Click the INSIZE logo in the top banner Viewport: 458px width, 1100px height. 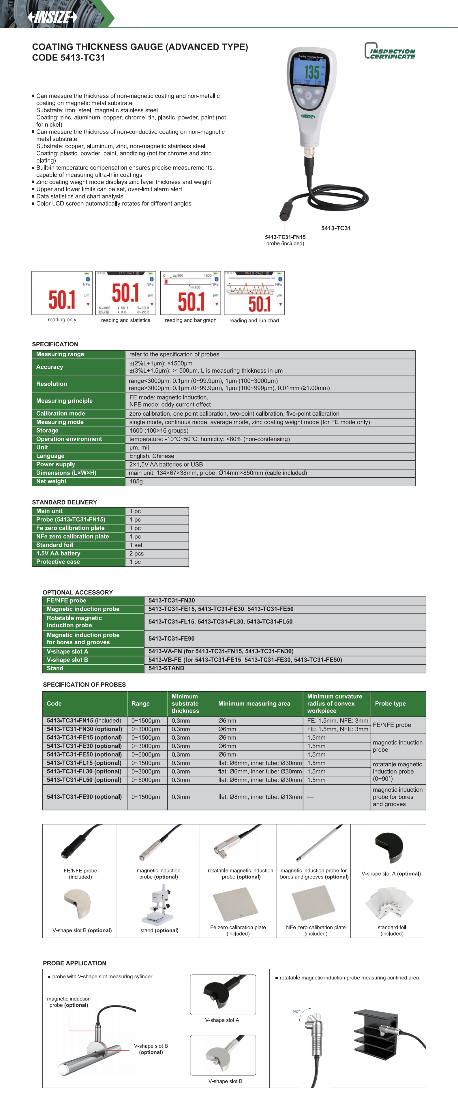pyautogui.click(x=52, y=17)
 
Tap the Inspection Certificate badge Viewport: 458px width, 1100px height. pyautogui.click(x=390, y=51)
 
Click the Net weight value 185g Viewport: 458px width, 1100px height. pyautogui.click(x=136, y=481)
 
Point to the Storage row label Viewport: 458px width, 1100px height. pyautogui.click(x=47, y=430)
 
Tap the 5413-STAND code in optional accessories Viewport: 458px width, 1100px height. pyautogui.click(x=166, y=668)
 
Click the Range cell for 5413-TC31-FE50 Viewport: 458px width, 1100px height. pyautogui.click(x=146, y=754)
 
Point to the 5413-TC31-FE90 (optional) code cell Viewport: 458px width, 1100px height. pyautogui.click(x=84, y=797)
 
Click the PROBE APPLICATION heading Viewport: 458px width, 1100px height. pyautogui.click(x=74, y=963)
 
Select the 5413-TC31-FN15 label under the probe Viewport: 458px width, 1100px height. pyautogui.click(x=285, y=237)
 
